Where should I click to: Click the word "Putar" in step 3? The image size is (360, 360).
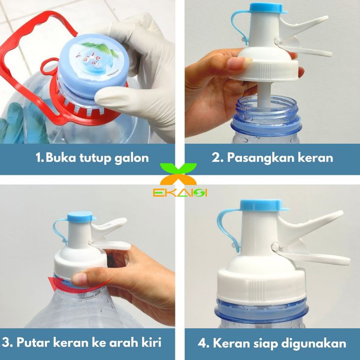33,343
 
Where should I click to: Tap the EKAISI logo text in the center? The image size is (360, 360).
180,193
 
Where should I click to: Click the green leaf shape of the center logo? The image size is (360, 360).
178,168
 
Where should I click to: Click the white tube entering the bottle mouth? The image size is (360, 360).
265,95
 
